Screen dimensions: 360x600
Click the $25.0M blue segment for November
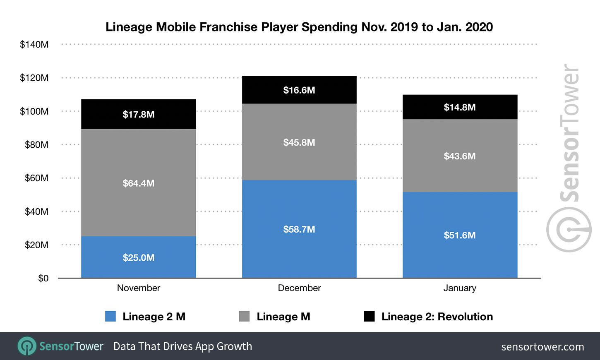[138, 257]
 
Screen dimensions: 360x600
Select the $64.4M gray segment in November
[138, 182]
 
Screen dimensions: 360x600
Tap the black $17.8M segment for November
[138, 114]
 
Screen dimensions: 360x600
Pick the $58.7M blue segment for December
[299, 229]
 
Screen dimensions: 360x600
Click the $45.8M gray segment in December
[299, 142]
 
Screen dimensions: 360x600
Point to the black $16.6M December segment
[299, 90]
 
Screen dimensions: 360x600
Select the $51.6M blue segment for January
[459, 235]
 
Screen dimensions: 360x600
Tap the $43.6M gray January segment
[459, 156]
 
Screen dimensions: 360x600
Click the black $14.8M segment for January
[459, 107]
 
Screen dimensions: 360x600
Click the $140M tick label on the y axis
[34, 44]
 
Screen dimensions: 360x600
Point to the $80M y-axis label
[36, 144]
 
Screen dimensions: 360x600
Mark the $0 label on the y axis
[43, 278]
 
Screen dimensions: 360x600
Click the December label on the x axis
[299, 288]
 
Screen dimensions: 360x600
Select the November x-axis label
[138, 288]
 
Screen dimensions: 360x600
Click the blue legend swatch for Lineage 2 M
[110, 317]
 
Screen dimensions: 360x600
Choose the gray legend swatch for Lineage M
[245, 317]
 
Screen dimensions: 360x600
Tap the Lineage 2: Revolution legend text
[437, 317]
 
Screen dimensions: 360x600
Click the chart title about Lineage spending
[299, 27]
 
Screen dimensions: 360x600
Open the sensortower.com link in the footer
[542, 347]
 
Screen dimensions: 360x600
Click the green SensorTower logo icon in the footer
[26, 346]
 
